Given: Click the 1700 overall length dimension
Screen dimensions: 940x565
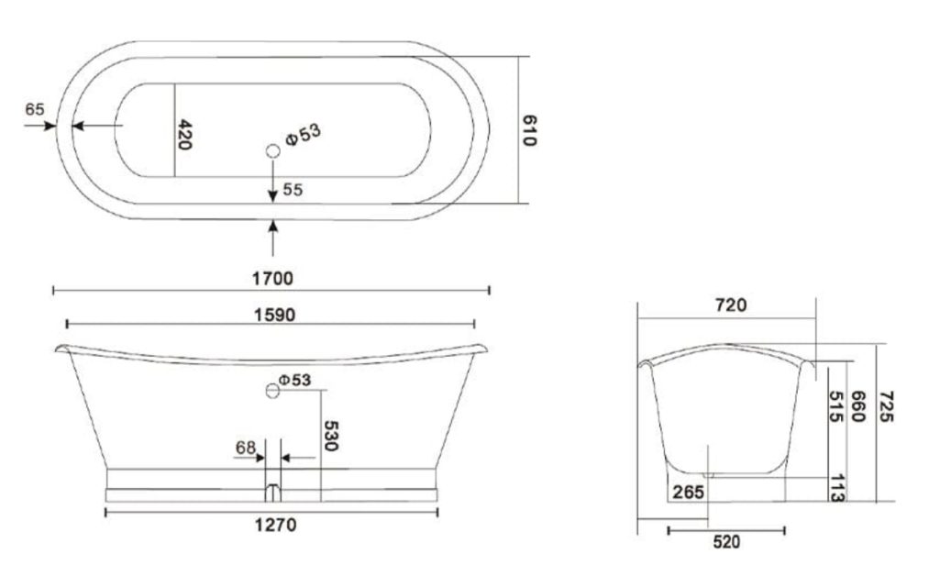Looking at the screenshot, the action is pos(272,278).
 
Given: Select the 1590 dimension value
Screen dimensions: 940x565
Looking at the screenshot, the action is pos(274,315).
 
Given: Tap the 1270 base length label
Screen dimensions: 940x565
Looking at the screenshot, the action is pos(276,525).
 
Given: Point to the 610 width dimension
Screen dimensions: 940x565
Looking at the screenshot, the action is pos(529,131).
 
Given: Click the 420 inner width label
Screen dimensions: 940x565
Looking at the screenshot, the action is pos(184,134).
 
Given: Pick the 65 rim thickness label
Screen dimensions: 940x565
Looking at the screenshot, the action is pos(35,109).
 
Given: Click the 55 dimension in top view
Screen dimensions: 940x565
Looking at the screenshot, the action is pos(293,190).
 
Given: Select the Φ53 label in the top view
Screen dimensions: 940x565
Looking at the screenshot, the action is pos(304,134).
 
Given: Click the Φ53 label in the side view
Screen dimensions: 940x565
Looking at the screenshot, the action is pos(295,380).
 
